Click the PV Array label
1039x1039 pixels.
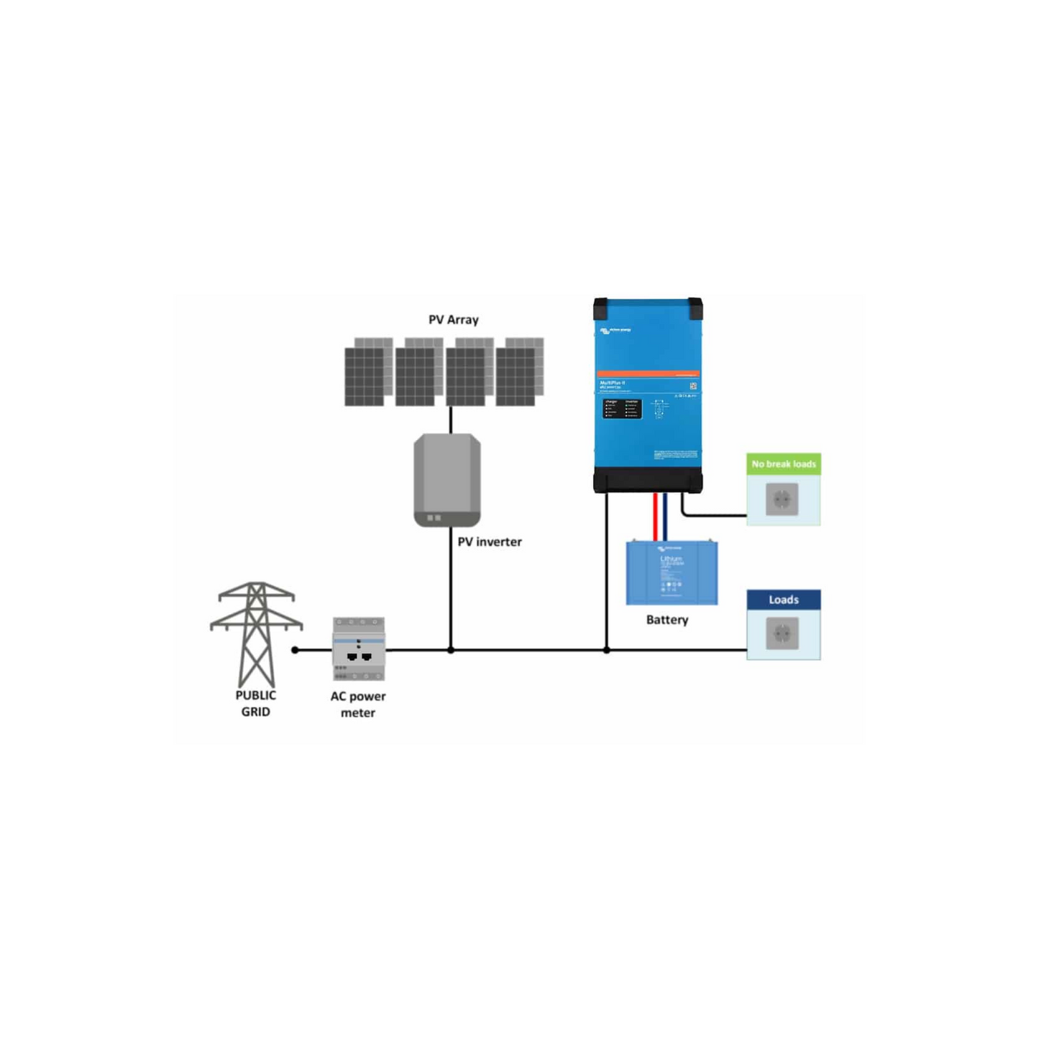453,320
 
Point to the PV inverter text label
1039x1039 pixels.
490,542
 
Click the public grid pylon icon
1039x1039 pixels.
256,633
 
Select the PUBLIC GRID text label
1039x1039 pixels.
255,704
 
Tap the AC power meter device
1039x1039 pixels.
358,649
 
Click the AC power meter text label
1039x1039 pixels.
358,705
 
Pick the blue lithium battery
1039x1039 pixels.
672,573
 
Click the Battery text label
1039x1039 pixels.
667,620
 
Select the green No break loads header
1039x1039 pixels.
783,464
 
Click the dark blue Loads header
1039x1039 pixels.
783,600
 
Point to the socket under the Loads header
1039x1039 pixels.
782,634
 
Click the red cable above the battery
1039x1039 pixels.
655,516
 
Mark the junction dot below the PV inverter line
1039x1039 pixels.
451,650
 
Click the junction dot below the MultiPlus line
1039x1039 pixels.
607,650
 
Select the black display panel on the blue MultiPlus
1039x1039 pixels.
622,408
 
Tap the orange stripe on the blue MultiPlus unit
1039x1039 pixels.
648,374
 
